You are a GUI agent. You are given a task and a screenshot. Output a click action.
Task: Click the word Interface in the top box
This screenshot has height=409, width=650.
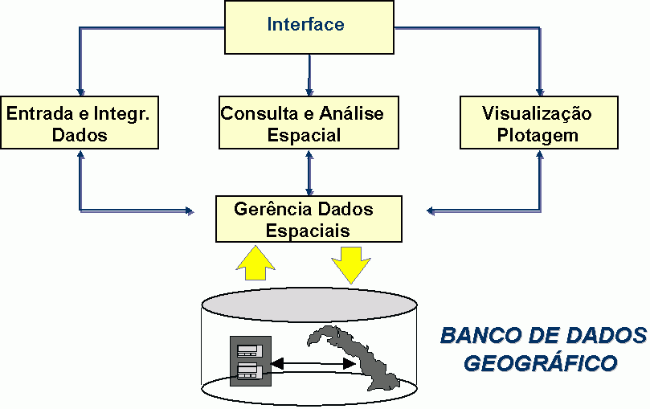[305, 24]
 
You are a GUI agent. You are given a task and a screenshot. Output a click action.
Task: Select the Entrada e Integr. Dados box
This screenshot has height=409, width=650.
[80, 123]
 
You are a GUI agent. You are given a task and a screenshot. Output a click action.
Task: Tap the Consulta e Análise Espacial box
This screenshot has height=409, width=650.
[309, 123]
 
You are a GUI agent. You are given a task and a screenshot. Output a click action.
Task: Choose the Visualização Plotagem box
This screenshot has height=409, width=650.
[538, 123]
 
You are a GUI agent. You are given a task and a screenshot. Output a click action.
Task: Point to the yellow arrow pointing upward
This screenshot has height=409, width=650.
[256, 262]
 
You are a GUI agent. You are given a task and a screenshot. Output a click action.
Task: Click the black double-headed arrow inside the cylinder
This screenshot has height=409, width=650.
[313, 365]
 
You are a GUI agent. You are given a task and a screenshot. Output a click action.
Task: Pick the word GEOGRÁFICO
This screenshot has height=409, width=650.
[541, 363]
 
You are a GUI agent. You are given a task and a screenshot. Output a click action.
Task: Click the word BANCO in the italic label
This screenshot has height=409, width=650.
[479, 335]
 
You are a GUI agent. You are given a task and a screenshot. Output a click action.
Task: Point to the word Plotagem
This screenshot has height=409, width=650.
[538, 134]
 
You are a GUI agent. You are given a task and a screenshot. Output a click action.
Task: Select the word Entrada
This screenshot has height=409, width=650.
[35, 113]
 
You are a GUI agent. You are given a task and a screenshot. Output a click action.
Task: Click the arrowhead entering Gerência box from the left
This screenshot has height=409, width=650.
[190, 212]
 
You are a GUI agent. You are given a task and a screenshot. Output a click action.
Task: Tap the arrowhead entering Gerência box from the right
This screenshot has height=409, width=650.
[431, 212]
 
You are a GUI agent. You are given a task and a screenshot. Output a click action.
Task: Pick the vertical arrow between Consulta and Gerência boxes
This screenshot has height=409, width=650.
[309, 171]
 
